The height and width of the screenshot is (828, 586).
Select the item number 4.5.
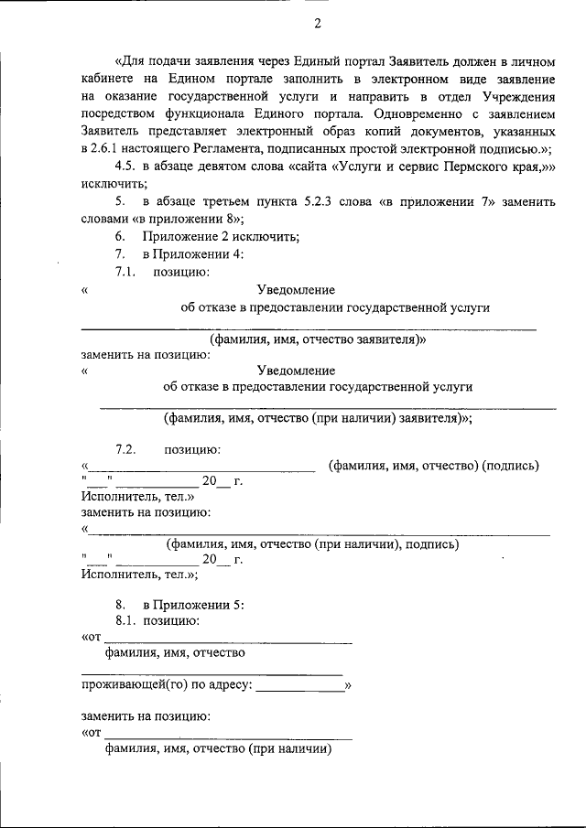pos(125,167)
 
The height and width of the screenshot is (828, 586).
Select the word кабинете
pos(105,81)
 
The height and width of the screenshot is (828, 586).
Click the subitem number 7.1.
pos(125,272)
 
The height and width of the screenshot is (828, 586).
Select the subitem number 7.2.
pos(125,448)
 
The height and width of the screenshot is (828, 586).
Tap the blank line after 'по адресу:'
pos(299,686)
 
